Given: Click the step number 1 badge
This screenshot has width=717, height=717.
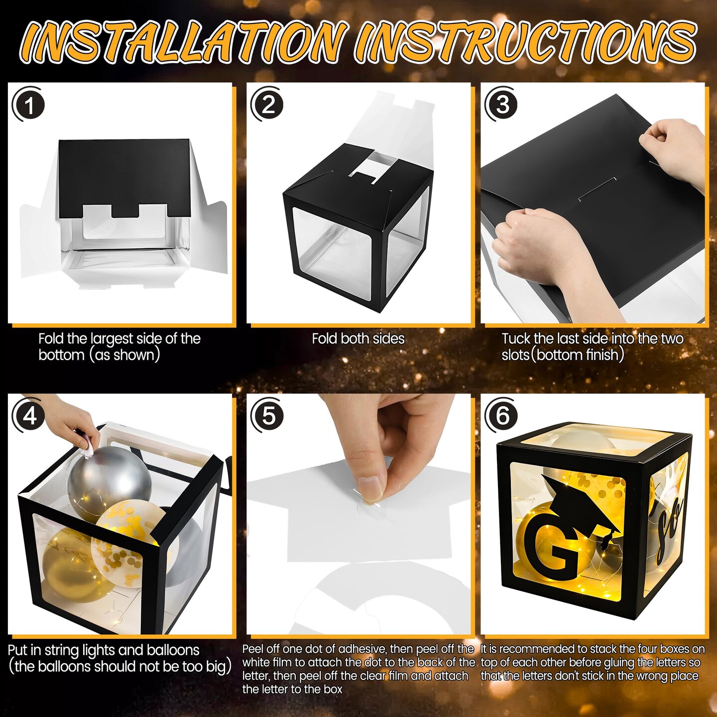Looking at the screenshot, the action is [30, 106].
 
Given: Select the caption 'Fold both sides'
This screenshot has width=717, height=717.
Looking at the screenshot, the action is [358, 339].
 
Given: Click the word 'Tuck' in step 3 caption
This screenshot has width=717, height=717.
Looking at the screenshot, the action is [516, 339].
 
